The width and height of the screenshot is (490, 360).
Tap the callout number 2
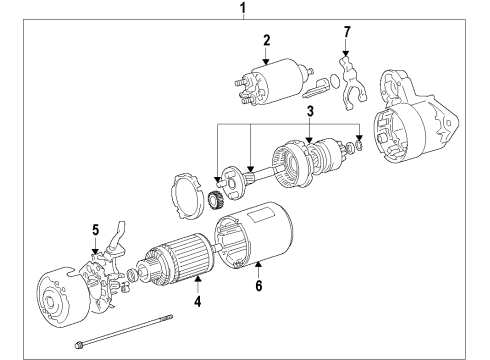[x=267, y=40]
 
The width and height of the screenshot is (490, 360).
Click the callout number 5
[x=96, y=229]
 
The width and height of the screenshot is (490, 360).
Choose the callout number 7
[x=347, y=32]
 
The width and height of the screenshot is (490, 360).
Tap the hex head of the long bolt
[x=78, y=347]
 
